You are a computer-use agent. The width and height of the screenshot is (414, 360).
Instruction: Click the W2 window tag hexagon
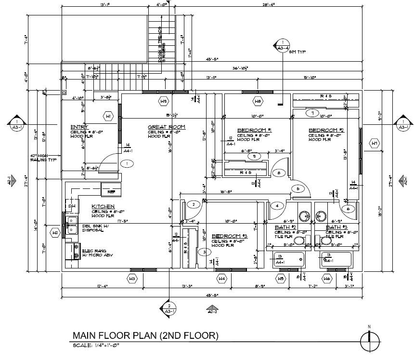click(x=56, y=233)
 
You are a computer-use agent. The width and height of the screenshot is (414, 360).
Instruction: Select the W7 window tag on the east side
click(x=374, y=143)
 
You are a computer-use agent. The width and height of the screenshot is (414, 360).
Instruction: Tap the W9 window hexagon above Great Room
click(x=164, y=102)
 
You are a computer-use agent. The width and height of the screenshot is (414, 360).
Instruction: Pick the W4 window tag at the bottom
click(x=222, y=278)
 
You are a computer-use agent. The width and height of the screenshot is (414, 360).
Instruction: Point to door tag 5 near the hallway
click(x=298, y=189)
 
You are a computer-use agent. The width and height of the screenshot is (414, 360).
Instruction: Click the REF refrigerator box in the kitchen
click(x=111, y=191)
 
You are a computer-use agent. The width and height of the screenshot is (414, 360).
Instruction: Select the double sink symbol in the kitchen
click(x=72, y=225)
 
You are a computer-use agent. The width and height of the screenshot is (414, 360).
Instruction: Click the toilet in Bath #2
click(x=300, y=240)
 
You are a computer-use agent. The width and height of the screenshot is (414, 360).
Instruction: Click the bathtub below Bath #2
click(x=289, y=261)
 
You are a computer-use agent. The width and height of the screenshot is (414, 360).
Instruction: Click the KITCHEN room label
click(x=103, y=206)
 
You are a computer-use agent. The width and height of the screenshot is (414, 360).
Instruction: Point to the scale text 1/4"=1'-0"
click(x=96, y=345)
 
